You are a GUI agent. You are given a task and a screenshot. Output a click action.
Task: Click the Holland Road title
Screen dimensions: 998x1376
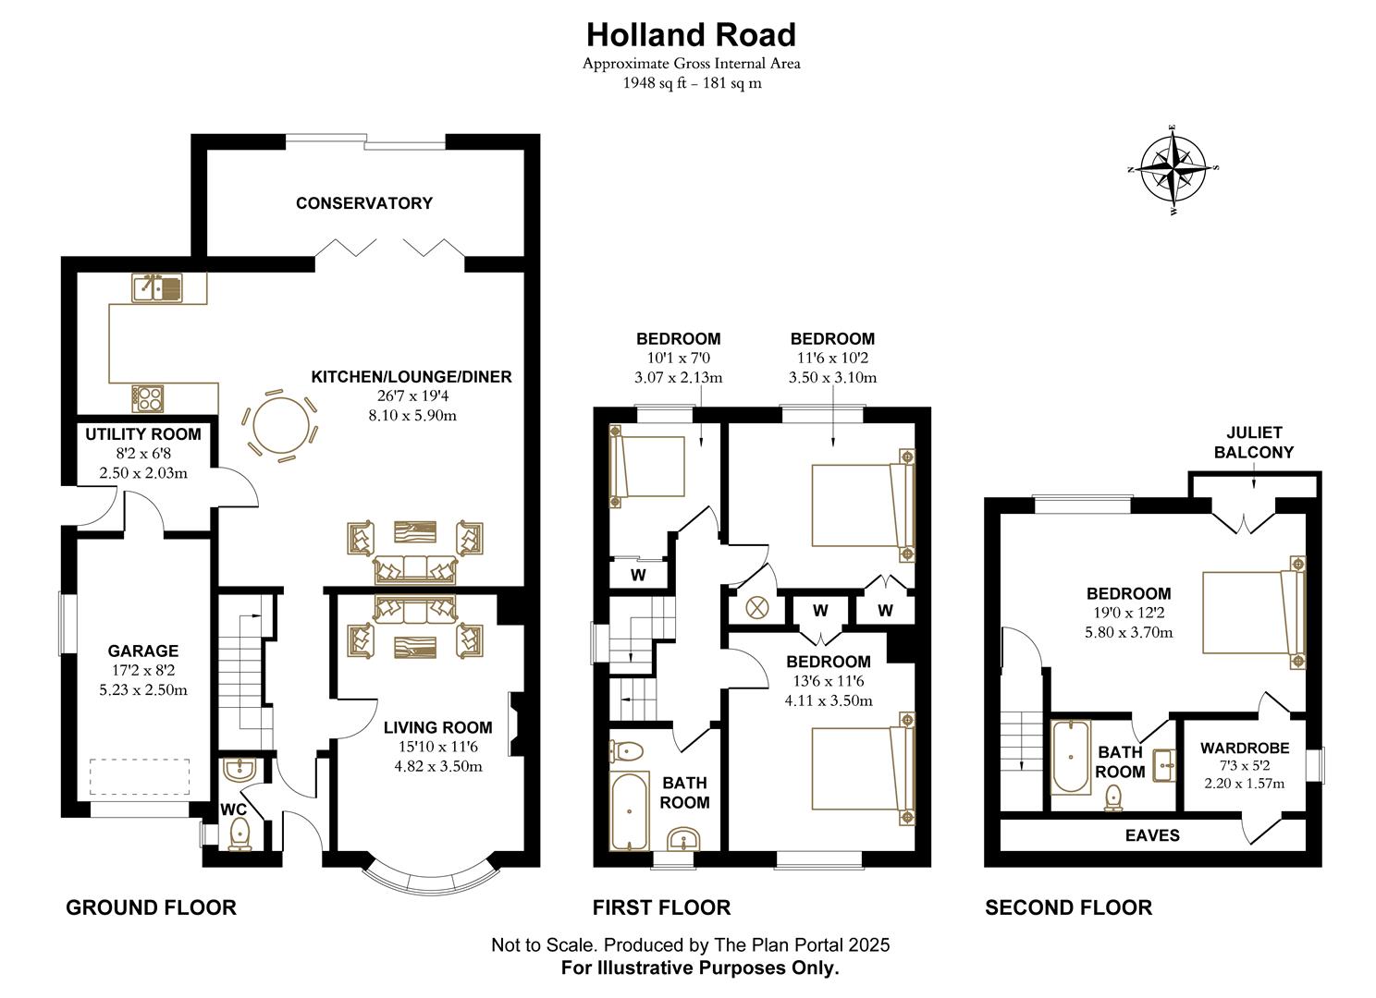[x=691, y=35]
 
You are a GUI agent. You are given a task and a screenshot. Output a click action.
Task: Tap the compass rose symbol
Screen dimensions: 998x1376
[x=1173, y=168]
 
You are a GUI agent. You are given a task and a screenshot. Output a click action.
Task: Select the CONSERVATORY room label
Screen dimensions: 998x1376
[x=363, y=203]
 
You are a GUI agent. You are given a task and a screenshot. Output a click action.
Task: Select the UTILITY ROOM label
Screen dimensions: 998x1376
[x=142, y=434]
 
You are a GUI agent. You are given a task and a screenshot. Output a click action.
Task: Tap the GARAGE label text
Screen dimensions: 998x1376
[x=142, y=651]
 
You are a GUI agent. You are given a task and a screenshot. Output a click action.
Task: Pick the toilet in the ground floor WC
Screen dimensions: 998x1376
[x=240, y=831]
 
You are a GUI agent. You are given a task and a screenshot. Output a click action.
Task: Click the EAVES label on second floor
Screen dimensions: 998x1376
[x=1152, y=835]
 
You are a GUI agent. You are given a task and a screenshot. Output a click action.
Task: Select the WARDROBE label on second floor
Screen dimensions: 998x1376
[x=1244, y=748]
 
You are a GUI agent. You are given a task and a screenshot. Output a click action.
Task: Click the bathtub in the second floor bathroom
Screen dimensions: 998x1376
[x=1071, y=757]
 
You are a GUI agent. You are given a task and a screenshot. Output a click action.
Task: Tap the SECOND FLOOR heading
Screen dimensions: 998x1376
[x=1068, y=907]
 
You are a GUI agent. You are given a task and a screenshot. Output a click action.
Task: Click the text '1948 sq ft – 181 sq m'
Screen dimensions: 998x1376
[x=691, y=83]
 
